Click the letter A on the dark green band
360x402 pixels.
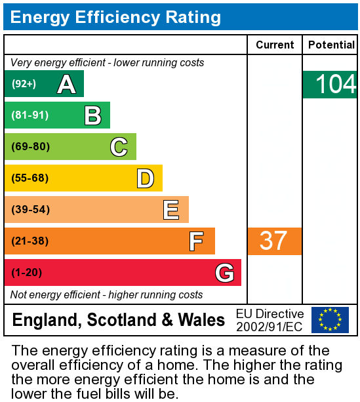(x=66, y=84)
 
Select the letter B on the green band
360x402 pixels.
(x=92, y=115)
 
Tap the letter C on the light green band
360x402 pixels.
(x=119, y=147)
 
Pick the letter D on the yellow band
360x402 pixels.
(x=145, y=178)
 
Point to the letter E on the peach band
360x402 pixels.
(x=171, y=210)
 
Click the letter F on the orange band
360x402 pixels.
(x=196, y=241)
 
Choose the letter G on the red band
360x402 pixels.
(x=224, y=273)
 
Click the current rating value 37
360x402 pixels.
(x=273, y=241)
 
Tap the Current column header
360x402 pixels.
(x=275, y=45)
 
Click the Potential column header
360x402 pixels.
(x=330, y=45)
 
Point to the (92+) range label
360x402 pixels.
(x=24, y=84)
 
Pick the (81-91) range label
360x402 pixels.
(x=30, y=115)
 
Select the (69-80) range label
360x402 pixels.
(x=30, y=147)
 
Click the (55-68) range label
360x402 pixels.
(x=30, y=178)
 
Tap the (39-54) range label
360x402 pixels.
(x=30, y=210)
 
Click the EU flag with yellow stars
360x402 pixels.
(x=330, y=320)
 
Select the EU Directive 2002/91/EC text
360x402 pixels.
(x=270, y=320)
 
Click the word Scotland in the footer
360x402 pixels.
(x=122, y=320)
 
